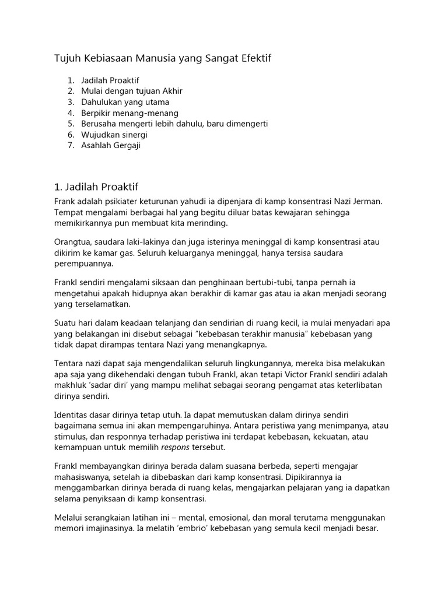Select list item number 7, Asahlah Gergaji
pyautogui.click(x=111, y=146)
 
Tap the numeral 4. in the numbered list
pyautogui.click(x=71, y=113)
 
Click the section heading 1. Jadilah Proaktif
pyautogui.click(x=96, y=187)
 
